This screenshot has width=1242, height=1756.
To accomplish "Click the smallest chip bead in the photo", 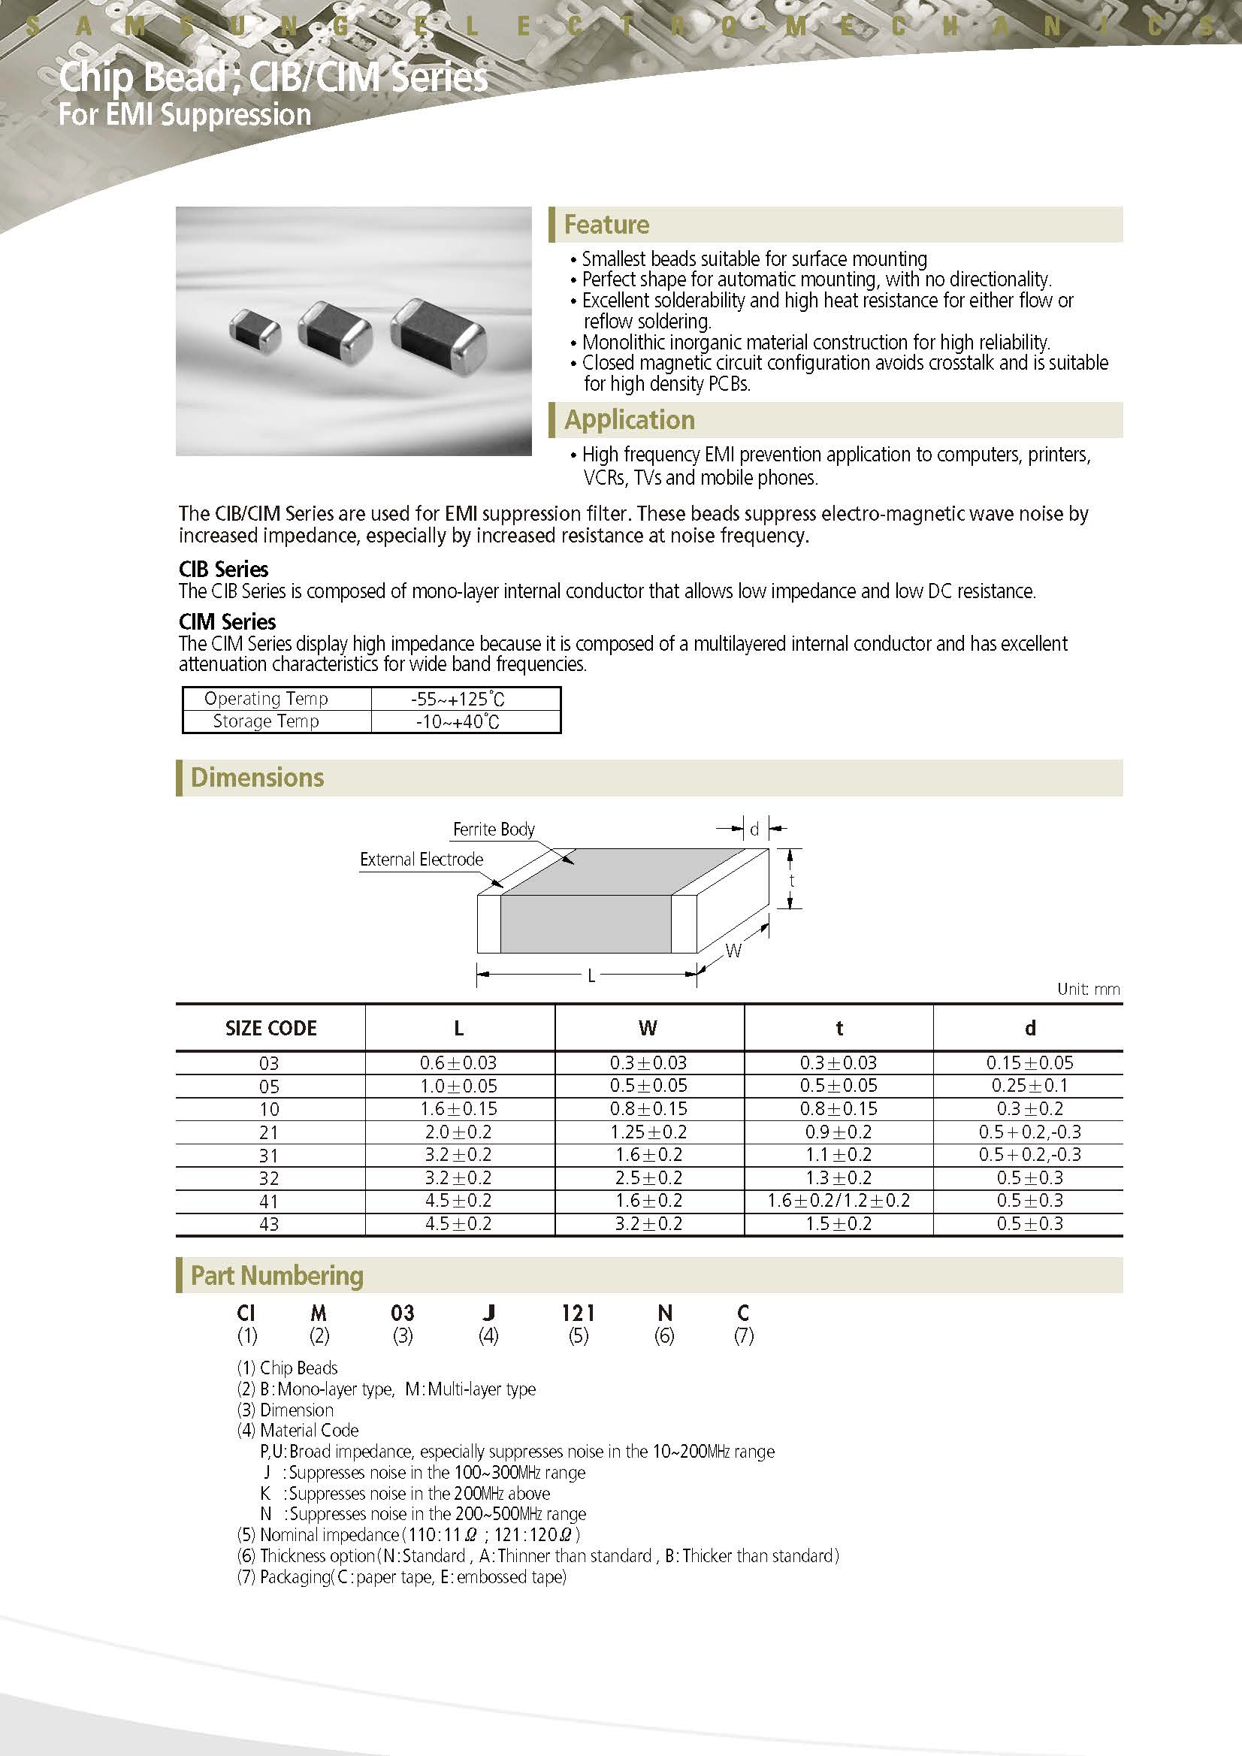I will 255,329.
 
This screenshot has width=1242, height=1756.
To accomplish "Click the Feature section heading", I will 606,224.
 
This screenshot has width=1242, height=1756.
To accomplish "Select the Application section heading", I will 630,420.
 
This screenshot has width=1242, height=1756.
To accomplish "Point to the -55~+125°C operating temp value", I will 458,699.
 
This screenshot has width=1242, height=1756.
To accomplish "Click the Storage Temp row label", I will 265,721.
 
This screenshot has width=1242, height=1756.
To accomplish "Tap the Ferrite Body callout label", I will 494,829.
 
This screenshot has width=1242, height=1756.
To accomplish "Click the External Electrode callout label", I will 422,860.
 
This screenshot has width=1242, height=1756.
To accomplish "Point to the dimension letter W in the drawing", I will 733,951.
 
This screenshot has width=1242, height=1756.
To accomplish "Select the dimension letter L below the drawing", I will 591,976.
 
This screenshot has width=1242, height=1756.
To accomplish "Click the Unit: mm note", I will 1087,989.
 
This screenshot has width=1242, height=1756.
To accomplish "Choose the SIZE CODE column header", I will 270,1029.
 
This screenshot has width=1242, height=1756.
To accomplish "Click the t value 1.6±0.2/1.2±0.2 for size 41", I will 839,1201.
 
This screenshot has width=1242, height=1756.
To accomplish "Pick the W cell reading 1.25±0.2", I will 648,1132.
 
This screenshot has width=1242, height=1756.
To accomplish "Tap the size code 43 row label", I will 269,1225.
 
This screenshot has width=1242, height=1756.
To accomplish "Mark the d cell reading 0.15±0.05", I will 1029,1063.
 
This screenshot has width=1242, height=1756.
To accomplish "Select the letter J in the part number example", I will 488,1313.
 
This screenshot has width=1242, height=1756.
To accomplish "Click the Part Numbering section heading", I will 277,1276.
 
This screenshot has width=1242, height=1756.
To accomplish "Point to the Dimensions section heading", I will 257,778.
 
